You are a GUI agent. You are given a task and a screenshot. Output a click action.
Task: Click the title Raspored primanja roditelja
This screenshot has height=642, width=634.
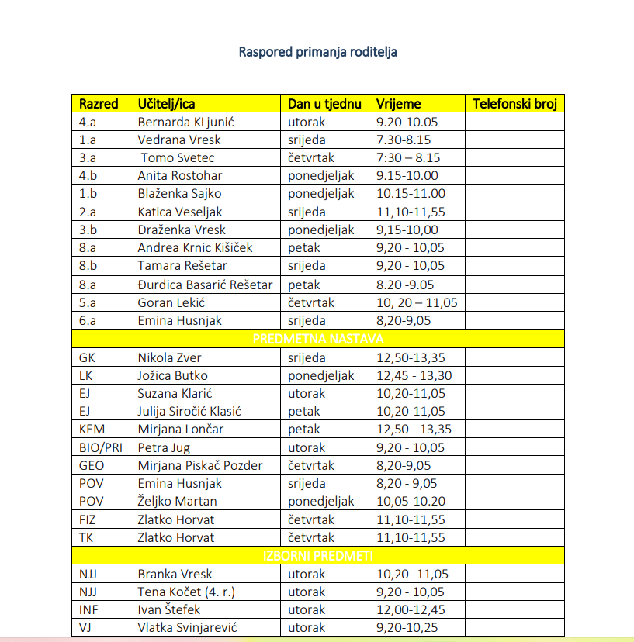click(x=318, y=53)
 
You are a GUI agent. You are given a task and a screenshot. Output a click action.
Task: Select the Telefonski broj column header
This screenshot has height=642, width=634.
click(x=514, y=103)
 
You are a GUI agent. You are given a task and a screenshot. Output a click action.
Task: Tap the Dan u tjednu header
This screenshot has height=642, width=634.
click(x=324, y=103)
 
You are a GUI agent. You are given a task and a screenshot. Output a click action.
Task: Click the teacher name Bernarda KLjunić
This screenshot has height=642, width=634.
click(x=185, y=122)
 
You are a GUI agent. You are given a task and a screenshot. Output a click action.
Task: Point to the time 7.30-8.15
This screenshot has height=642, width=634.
click(x=404, y=140)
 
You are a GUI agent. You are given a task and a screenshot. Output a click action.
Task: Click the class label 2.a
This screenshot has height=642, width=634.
click(x=88, y=212)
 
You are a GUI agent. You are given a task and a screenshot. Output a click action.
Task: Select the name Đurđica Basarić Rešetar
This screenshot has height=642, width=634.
click(x=205, y=285)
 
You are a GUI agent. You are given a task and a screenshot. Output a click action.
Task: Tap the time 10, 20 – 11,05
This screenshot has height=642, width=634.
click(x=417, y=302)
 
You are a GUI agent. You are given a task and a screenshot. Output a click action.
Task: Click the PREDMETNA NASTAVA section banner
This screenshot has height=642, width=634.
click(x=318, y=339)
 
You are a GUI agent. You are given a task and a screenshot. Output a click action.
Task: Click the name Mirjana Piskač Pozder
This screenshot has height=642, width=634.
click(x=200, y=465)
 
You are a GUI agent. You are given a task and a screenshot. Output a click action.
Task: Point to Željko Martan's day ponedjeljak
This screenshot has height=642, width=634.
click(x=321, y=501)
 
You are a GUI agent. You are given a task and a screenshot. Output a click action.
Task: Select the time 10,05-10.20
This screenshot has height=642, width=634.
click(x=411, y=501)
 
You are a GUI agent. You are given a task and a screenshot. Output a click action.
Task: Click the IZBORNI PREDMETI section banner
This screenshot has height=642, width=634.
click(x=318, y=556)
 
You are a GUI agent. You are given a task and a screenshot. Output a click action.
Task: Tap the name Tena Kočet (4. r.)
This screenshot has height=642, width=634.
click(x=186, y=592)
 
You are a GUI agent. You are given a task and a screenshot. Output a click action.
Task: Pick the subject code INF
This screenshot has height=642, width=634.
click(x=88, y=610)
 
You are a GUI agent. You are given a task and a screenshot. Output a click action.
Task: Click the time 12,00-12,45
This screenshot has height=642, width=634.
click(x=411, y=610)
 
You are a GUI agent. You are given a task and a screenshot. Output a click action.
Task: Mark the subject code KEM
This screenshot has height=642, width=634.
click(x=92, y=429)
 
